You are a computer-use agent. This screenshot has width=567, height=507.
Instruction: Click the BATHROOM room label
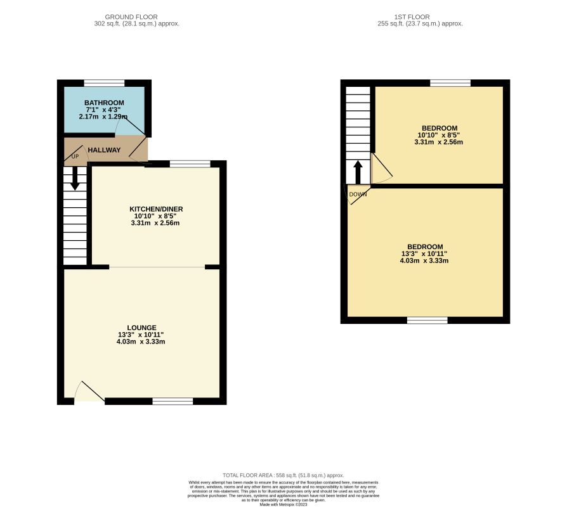(x=104, y=103)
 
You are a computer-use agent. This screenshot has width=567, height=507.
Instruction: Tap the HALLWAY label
(x=104, y=150)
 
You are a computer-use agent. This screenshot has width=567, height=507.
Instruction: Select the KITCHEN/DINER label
(x=156, y=209)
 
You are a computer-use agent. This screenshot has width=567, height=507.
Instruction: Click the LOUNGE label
(x=142, y=328)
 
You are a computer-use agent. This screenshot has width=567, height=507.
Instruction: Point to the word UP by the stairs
(x=75, y=157)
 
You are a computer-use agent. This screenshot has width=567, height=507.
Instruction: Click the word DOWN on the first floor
(x=358, y=195)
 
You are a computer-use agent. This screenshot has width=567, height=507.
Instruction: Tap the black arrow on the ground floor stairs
(x=75, y=178)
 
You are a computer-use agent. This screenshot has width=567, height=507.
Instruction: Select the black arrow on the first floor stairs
(x=358, y=172)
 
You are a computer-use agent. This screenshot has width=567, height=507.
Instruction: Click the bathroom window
(x=104, y=83)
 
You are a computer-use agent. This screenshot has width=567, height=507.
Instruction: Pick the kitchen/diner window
(x=190, y=164)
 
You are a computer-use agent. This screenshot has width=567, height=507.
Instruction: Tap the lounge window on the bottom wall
(x=173, y=401)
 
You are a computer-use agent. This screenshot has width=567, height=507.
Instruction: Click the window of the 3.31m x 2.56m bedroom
(x=450, y=83)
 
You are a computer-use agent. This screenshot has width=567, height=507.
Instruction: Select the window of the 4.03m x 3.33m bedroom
(x=427, y=320)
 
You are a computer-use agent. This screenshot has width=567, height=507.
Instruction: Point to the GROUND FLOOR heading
(x=131, y=17)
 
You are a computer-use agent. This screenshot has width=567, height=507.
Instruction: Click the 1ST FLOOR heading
(x=412, y=17)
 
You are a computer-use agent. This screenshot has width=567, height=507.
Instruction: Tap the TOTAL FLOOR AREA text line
(x=283, y=475)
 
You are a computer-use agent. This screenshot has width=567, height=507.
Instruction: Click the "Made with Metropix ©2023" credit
(x=283, y=504)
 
